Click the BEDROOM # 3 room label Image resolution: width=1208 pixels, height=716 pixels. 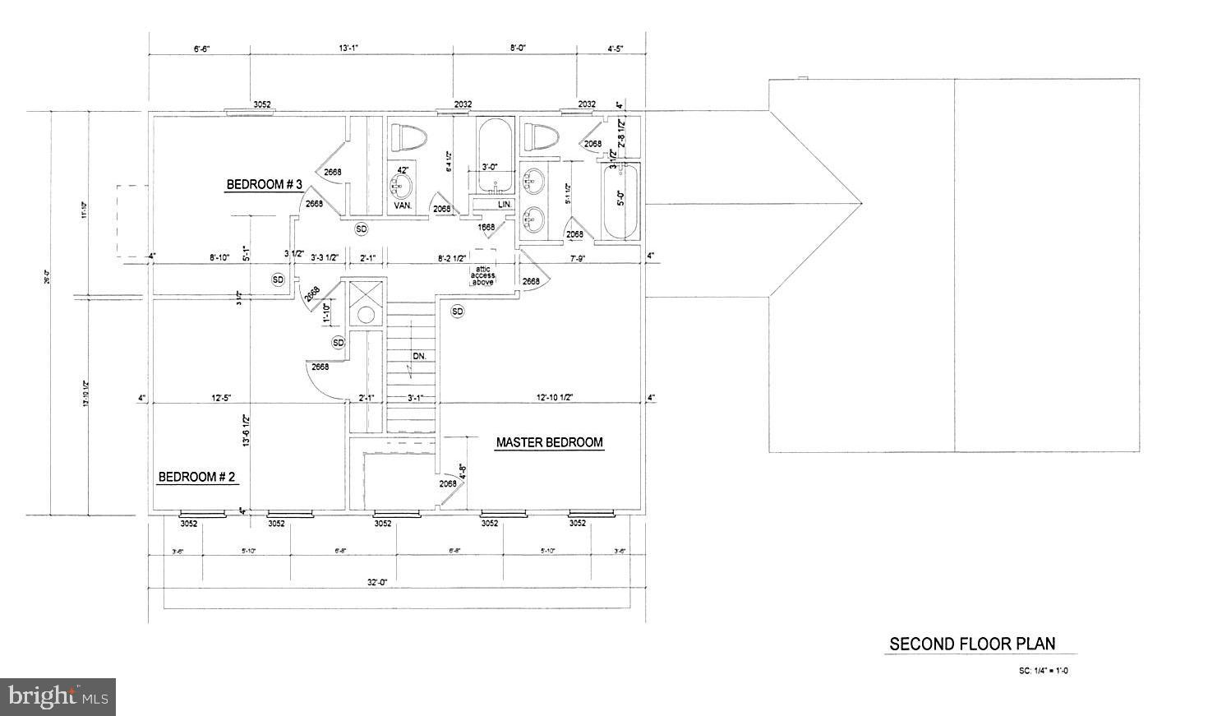coord(265,185)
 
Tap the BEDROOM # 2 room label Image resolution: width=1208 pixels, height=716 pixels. coord(196,477)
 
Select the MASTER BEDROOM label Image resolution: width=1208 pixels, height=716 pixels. coord(549,443)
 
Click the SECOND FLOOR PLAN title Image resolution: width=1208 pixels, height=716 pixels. coord(972,644)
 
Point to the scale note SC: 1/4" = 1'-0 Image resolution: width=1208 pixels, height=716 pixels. coord(1043,671)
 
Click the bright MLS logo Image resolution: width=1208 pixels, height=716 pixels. coord(58,697)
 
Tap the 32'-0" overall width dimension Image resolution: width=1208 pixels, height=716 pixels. coord(377,582)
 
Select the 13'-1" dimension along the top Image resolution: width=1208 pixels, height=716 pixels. coord(348,49)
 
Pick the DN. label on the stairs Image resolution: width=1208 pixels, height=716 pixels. coord(418,356)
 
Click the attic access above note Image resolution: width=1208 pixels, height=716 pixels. coord(482,275)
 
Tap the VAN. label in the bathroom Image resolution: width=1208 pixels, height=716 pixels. coord(403,206)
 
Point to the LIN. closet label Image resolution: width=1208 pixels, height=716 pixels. coord(505,204)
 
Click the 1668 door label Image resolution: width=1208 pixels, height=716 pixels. coord(486,227)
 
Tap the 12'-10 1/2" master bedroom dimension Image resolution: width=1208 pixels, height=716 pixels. coord(555,398)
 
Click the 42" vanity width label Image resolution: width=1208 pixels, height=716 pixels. coord(403,170)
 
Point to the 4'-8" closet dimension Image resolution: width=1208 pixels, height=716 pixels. coord(462,472)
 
